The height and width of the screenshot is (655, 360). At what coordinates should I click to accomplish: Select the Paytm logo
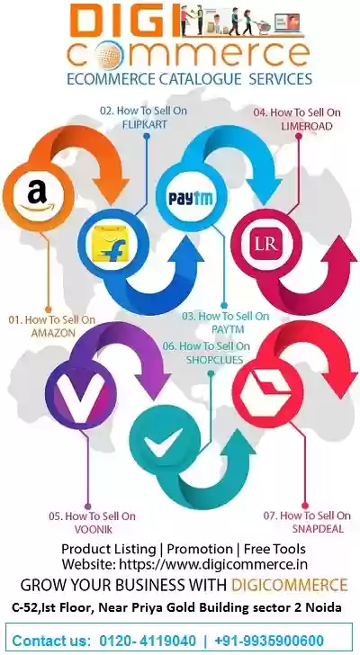(191, 198)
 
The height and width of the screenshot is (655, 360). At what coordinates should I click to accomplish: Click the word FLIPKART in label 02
(145, 124)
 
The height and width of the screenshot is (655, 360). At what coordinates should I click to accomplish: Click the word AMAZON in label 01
(53, 333)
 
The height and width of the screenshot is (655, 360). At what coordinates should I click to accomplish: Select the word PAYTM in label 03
(227, 329)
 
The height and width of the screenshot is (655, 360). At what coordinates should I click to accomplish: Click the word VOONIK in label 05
(94, 529)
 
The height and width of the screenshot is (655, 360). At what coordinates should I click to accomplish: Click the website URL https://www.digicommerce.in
(213, 564)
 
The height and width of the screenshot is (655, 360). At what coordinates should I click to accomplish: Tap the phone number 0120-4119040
(148, 641)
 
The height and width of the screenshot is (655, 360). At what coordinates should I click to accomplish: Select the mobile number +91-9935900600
(269, 641)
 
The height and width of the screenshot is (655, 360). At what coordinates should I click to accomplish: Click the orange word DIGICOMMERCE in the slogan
(289, 585)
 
